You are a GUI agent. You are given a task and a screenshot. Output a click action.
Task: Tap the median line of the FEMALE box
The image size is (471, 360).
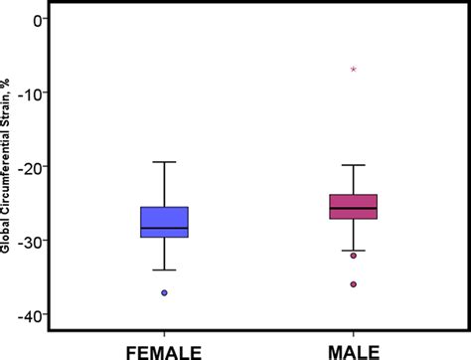(x=164, y=228)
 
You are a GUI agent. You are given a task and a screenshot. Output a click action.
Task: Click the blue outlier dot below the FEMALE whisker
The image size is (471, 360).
(x=164, y=292)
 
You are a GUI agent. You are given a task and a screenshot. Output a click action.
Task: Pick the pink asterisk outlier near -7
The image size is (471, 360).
(x=354, y=70)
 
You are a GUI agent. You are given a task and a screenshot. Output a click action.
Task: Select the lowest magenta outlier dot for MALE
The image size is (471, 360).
(x=354, y=284)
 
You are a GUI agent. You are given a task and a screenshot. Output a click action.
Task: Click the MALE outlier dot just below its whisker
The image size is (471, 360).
(x=354, y=256)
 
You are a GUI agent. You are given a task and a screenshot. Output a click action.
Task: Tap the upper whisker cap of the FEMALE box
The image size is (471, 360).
(x=164, y=161)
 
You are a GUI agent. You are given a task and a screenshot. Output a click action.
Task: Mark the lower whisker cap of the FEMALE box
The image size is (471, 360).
(x=164, y=270)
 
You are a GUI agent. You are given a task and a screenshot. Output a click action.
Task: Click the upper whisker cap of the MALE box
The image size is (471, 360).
(x=354, y=165)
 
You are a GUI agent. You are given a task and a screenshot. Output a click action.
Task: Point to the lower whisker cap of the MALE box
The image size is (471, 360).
(x=354, y=251)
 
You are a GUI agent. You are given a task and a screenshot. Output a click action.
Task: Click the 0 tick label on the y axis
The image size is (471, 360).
(x=39, y=20)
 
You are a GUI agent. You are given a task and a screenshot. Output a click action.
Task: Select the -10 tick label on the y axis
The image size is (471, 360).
(x=33, y=93)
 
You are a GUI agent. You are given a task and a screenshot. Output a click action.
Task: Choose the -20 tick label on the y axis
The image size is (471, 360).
(x=33, y=167)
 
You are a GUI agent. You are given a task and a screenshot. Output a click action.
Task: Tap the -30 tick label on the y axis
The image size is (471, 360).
(x=33, y=241)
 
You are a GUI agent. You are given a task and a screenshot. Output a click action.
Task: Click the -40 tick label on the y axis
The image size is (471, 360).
(x=33, y=314)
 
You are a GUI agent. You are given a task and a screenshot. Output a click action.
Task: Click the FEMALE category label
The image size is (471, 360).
(x=164, y=350)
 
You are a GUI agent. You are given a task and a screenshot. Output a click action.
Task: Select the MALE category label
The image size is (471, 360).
(x=354, y=350)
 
